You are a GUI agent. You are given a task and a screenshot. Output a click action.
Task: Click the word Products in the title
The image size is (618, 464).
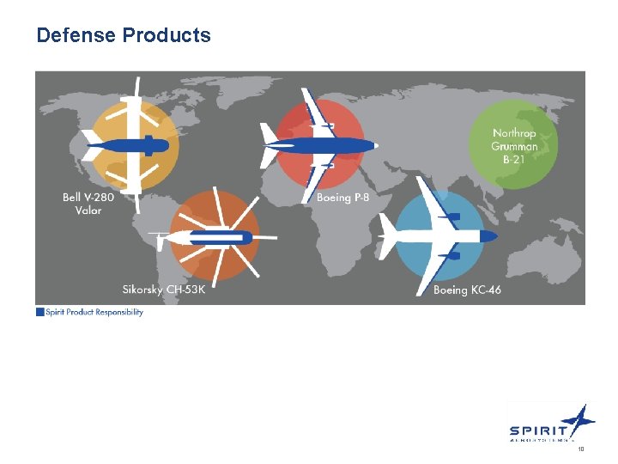click(x=167, y=36)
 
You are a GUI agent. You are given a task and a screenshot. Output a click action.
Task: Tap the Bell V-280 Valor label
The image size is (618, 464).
click(x=88, y=204)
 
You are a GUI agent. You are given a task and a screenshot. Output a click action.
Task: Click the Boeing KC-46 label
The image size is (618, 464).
click(x=467, y=290)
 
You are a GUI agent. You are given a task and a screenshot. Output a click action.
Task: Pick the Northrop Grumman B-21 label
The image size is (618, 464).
click(x=514, y=146)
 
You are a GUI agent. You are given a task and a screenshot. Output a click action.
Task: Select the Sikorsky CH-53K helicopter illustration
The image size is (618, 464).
click(x=213, y=236)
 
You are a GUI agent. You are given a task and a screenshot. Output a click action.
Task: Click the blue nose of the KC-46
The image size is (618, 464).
click(x=489, y=235)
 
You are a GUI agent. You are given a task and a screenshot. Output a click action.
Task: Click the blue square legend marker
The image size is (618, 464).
click(x=39, y=312)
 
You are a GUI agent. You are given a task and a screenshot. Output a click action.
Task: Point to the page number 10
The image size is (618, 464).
click(x=580, y=449)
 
